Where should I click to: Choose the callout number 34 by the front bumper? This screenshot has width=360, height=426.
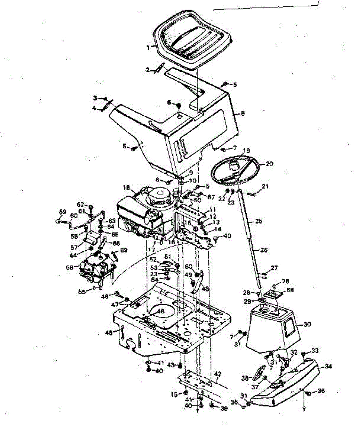click(x=328, y=366)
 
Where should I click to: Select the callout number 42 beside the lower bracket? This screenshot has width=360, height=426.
click(x=218, y=373)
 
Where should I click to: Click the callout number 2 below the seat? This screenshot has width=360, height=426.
click(x=148, y=70)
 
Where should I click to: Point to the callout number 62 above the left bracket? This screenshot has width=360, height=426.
click(x=81, y=204)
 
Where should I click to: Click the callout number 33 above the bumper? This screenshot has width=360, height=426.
click(x=315, y=350)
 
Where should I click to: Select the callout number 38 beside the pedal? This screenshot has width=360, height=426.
click(x=245, y=378)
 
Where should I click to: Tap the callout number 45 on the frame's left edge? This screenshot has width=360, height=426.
click(x=109, y=333)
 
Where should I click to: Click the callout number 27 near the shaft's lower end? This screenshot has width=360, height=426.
click(x=274, y=268)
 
